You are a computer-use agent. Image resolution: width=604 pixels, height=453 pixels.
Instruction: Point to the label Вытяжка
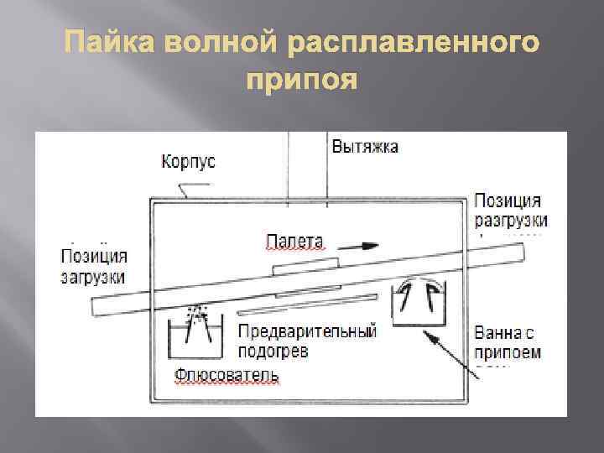point(366,146)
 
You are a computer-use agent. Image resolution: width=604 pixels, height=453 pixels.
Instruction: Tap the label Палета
point(294,241)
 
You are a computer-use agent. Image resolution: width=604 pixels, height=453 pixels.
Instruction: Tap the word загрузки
point(93,276)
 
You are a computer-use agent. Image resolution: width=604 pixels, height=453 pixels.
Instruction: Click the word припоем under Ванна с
point(508,351)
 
